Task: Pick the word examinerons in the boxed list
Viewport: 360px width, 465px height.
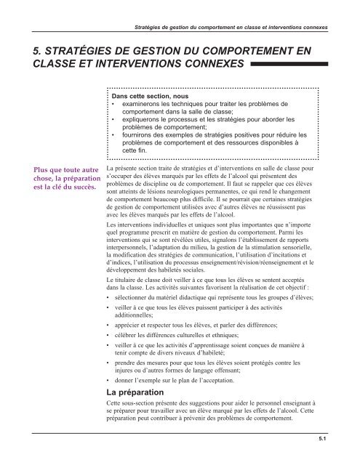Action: pos(143,104)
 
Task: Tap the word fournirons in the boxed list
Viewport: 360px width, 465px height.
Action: pos(138,134)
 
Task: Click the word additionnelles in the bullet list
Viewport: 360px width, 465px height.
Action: pos(138,315)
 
